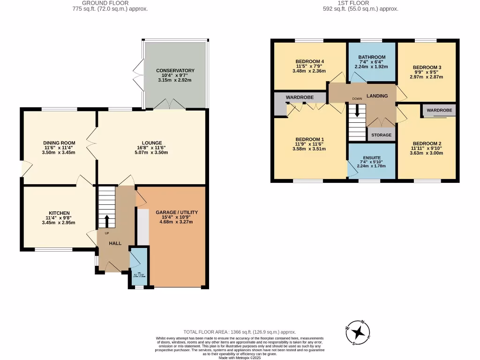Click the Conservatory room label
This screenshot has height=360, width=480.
[175, 71]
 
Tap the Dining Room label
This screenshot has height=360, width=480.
[59, 143]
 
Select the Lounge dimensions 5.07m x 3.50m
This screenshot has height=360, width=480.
[152, 152]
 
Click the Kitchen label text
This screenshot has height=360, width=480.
[59, 213]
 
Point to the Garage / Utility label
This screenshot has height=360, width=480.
[176, 212]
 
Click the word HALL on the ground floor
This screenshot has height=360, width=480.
[115, 244]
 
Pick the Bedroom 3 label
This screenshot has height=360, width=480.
[427, 67]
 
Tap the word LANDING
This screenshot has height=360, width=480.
[377, 96]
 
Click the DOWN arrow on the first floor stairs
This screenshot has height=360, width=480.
[357, 111]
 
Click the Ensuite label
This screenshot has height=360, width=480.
[371, 158]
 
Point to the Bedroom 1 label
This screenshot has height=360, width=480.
[309, 140]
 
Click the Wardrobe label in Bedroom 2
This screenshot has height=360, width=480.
[439, 110]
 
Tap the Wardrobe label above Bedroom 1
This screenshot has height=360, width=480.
[300, 97]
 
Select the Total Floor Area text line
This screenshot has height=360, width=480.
[240, 332]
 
